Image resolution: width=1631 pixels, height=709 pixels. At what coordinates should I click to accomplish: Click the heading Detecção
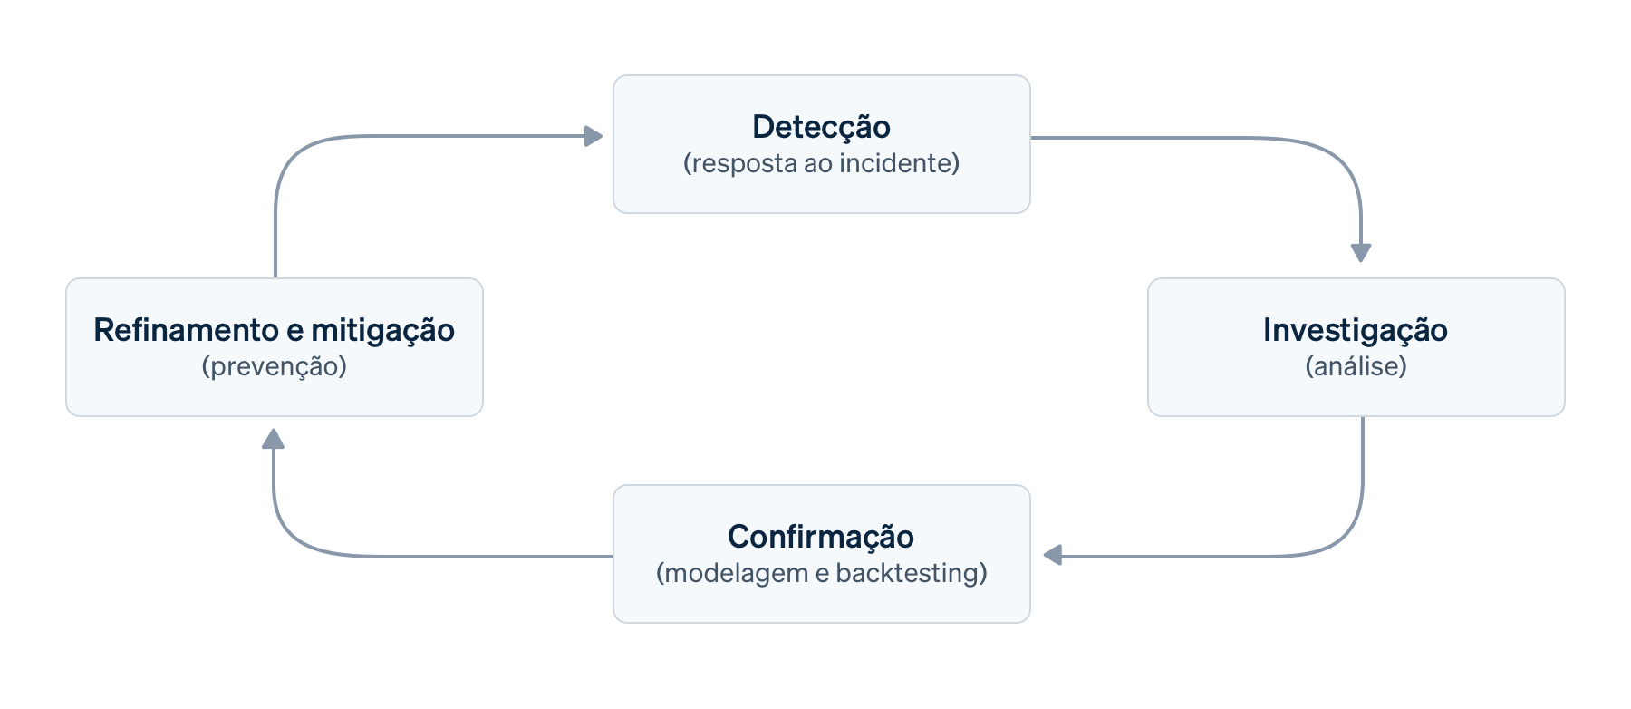pos(821,127)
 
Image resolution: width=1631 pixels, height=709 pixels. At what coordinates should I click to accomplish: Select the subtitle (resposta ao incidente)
pos(821,163)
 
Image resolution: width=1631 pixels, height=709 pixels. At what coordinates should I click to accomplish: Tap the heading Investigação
pos(1355,330)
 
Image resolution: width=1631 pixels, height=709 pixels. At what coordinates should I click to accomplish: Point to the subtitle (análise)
pos(1356,366)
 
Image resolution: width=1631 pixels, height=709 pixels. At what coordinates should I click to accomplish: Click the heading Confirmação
pos(821,537)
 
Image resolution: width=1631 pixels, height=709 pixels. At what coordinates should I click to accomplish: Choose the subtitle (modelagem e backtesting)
pos(821,573)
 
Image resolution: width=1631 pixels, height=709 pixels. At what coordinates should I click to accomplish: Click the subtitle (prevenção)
pos(274,366)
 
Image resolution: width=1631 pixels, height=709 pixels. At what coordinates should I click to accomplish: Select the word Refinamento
pos(186,330)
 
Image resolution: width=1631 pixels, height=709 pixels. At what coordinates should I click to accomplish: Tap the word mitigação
pos(382,330)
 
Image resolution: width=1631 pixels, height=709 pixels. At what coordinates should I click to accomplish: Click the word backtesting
pos(911,573)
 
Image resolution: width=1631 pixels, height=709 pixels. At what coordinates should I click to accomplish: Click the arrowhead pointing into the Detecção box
pos(594,137)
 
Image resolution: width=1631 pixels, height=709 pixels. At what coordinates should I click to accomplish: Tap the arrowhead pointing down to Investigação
pos(1360,252)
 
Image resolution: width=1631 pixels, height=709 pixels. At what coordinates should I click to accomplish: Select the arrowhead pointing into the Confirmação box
pos(1053,555)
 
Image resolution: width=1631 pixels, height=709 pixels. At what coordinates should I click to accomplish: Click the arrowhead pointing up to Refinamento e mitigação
pos(273,440)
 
